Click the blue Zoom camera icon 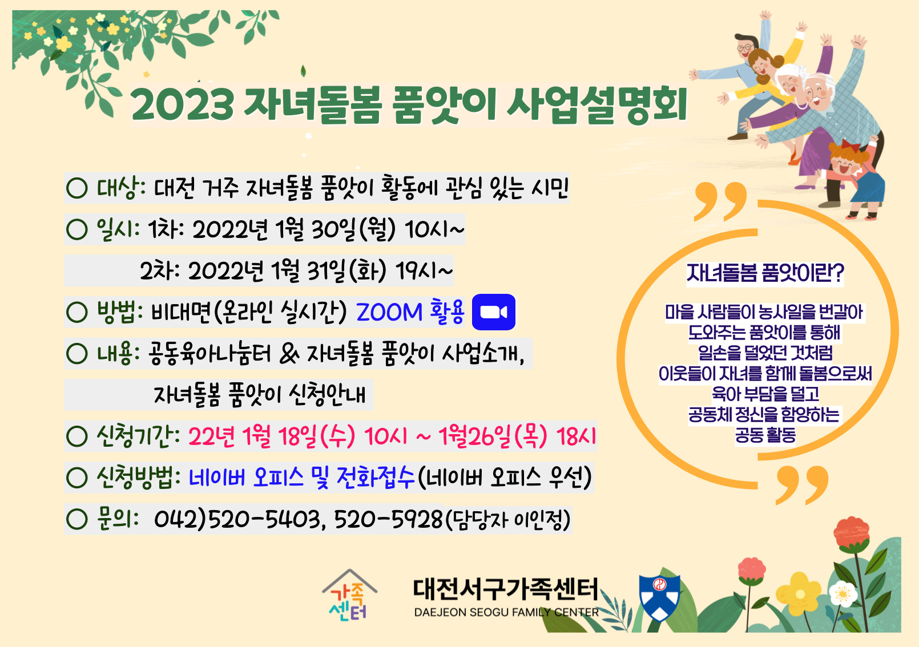(x=494, y=312)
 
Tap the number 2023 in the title (x=183, y=104)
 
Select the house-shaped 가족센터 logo (x=349, y=595)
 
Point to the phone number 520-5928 (x=388, y=519)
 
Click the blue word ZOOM (x=389, y=312)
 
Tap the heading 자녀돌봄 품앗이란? (x=765, y=273)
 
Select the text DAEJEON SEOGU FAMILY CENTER (x=506, y=612)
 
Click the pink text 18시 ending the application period (x=576, y=436)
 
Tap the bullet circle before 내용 (x=76, y=353)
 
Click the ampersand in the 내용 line (x=289, y=354)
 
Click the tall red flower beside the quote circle (x=851, y=533)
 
